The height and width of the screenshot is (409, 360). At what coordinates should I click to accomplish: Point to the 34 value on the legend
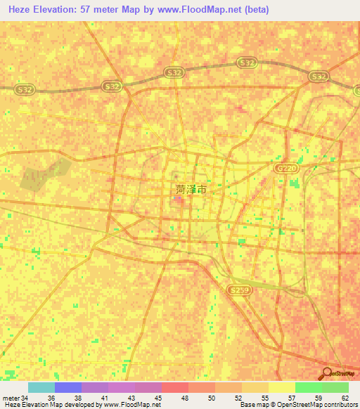click(x=25, y=397)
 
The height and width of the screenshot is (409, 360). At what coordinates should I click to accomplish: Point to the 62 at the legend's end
click(x=344, y=397)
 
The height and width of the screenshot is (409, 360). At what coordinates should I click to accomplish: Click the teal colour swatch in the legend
click(x=41, y=387)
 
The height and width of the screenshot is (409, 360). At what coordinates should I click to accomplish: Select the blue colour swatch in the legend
click(x=68, y=387)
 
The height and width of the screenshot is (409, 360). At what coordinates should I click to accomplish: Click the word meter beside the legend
click(x=11, y=397)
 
